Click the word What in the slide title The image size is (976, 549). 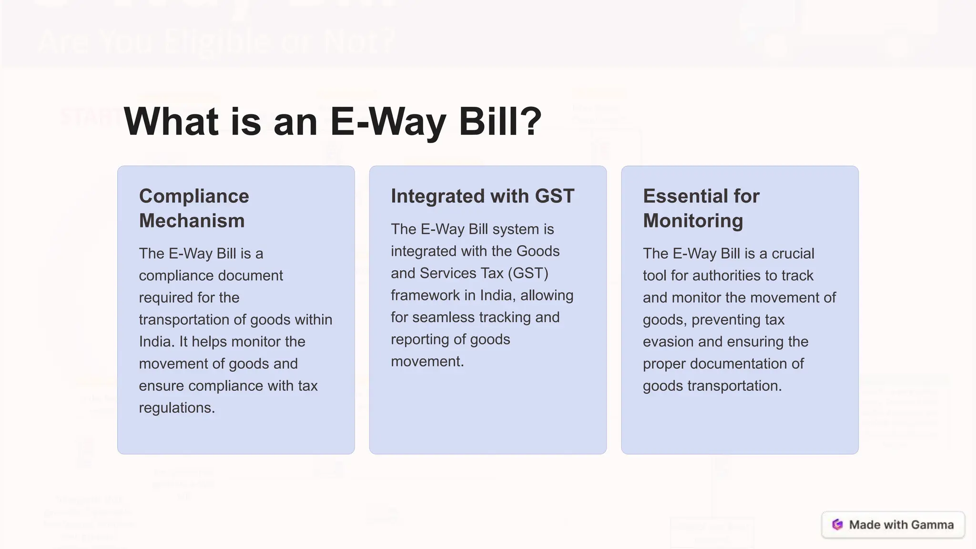coord(171,122)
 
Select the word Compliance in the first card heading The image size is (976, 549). coord(194,196)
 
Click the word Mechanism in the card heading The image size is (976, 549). coord(192,221)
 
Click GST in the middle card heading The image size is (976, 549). coord(555,196)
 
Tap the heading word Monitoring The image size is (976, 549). coord(693,221)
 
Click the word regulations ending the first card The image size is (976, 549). coord(177,408)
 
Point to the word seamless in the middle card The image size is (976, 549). coord(443,317)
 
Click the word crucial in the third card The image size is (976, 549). coord(793,254)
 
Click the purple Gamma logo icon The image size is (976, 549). coord(837,525)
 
